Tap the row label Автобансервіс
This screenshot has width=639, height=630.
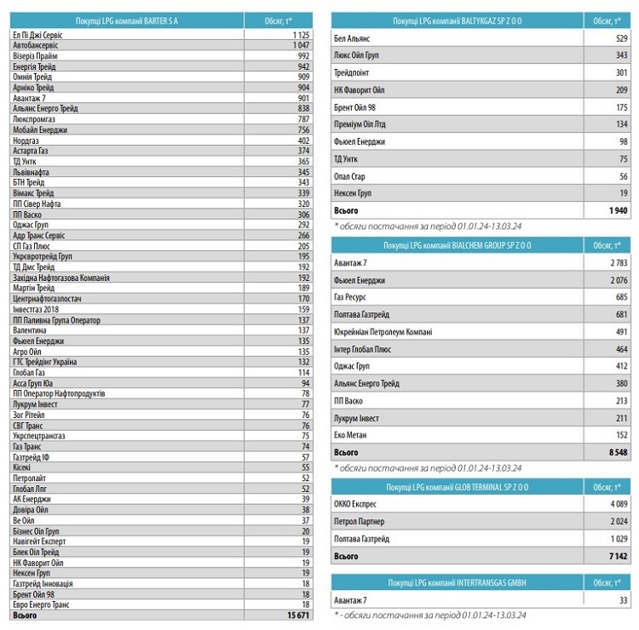[x=35, y=45]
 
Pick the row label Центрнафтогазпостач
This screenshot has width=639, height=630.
[x=47, y=299]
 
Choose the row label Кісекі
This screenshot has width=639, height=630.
[x=22, y=467]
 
